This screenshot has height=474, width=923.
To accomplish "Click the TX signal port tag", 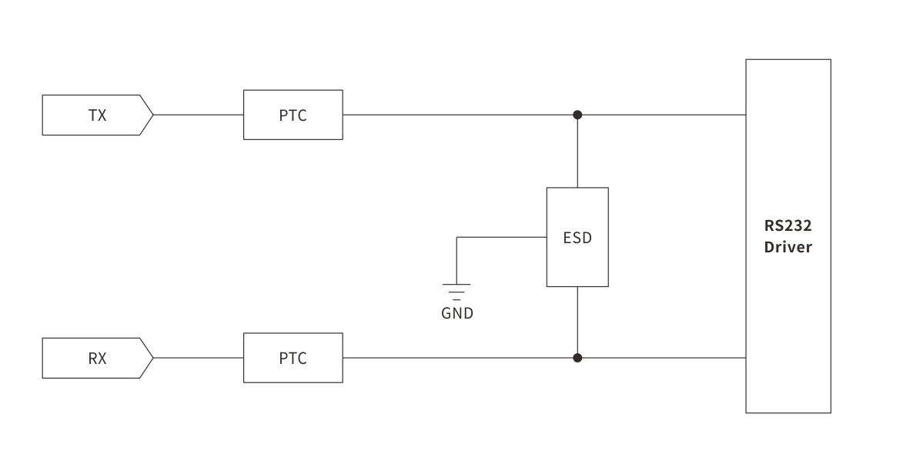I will coord(97,115).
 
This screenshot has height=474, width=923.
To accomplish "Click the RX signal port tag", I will coord(97,358).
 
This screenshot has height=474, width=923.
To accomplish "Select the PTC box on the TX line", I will coord(293,115).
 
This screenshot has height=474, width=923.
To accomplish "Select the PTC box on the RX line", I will coord(293,358).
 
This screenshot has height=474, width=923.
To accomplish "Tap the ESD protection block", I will coord(577,238).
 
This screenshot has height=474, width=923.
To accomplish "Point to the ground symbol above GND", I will coord(456,291).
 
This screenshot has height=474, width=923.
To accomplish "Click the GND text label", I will coord(457,313).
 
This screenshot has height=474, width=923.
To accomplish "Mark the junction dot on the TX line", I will coord(577,115).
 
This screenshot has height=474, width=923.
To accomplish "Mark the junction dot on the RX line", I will coord(577,358).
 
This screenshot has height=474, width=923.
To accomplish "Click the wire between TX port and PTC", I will coord(199,115).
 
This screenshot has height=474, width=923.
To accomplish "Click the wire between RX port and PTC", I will coord(199,358).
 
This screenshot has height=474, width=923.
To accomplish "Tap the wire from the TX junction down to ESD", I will coord(577,152).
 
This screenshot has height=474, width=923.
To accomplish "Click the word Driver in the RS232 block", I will coord(788,249).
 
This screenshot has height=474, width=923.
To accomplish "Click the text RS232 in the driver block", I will coord(788,226).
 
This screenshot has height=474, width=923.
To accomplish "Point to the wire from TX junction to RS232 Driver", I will coord(662,115).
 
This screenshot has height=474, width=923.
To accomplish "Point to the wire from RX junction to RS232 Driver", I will coord(662,358).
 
